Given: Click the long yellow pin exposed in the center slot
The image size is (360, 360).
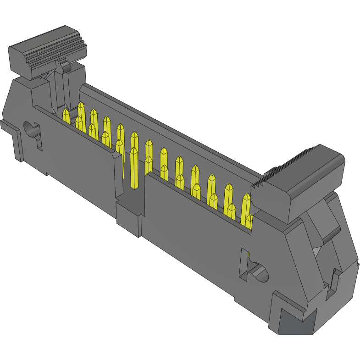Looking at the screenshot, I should coord(133,167).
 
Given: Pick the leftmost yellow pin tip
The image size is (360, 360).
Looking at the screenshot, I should coord(66,116).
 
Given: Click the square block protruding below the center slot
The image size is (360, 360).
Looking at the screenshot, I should coord(128,218).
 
